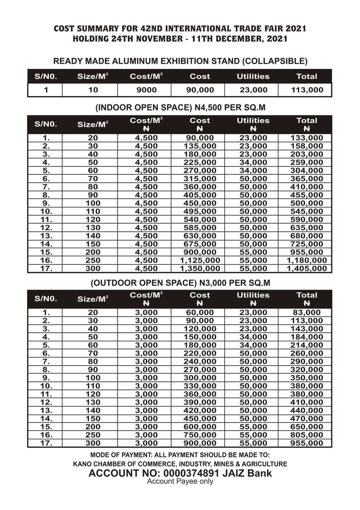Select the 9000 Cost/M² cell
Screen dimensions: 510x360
click(144, 90)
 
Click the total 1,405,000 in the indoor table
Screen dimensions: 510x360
click(309, 269)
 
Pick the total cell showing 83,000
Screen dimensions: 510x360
click(307, 312)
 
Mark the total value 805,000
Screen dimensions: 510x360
click(307, 435)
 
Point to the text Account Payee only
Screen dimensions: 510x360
click(180, 481)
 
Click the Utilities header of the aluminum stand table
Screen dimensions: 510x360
click(253, 76)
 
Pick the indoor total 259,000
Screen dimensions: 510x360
click(307, 162)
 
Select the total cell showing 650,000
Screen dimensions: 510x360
click(307, 427)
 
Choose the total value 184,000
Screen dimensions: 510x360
click(307, 337)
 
